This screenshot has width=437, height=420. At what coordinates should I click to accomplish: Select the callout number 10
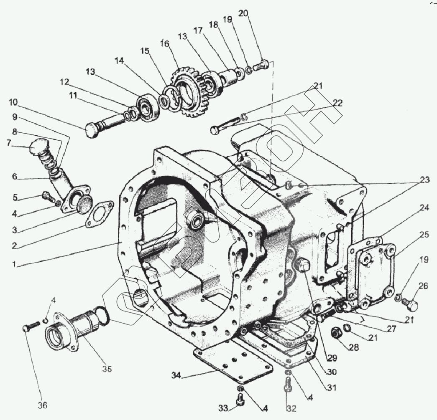coord(13,102)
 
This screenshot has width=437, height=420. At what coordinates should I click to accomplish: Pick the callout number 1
coord(14,264)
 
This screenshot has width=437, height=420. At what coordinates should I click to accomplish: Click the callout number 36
coord(43,405)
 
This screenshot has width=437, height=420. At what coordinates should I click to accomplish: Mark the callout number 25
coord(424,235)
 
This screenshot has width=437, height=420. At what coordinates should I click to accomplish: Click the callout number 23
coord(425,180)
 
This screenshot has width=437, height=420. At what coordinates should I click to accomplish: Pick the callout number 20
coord(254,13)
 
